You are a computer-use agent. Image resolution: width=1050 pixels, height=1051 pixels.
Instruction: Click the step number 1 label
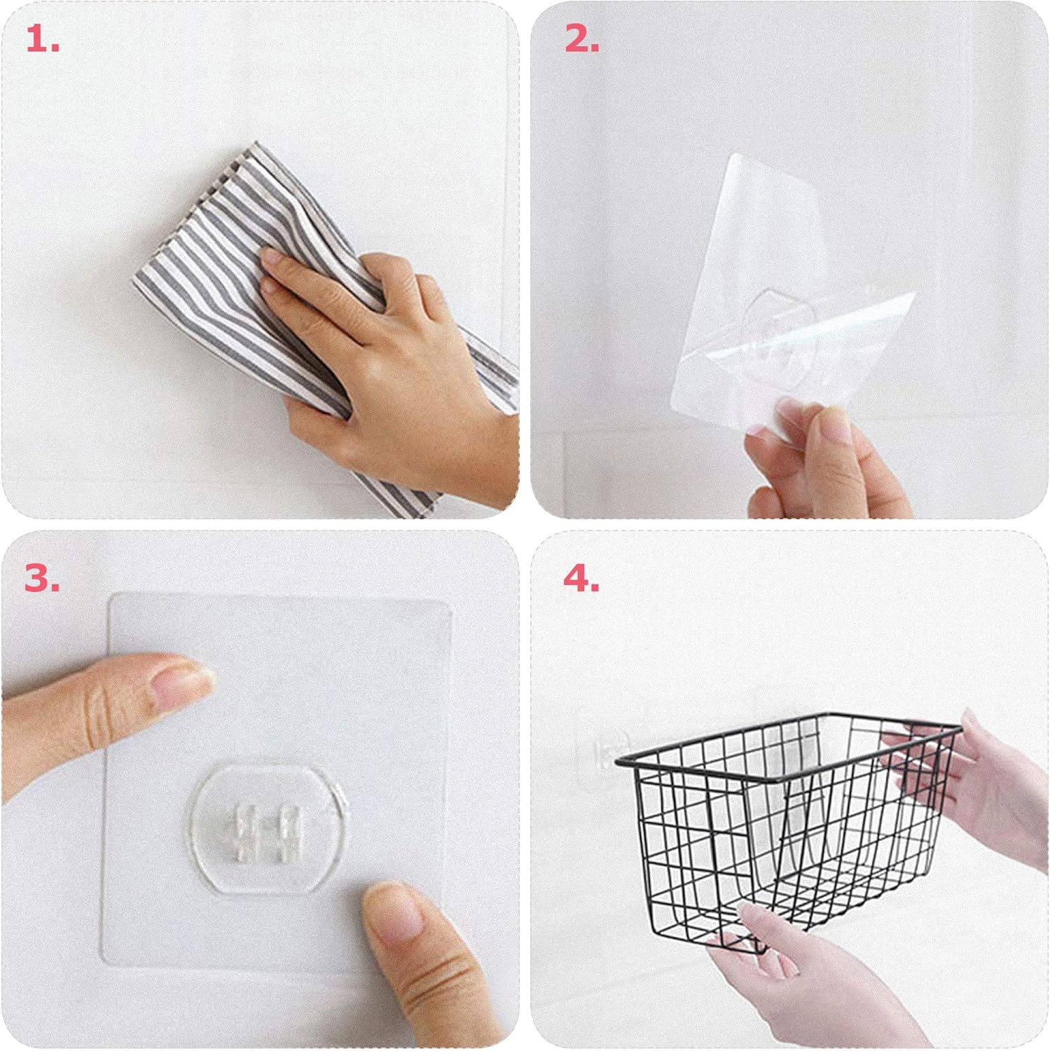pyautogui.click(x=43, y=41)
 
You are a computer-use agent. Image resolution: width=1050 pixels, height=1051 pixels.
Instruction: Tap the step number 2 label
pyautogui.click(x=582, y=41)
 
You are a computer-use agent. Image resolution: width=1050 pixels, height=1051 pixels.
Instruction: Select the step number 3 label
pyautogui.click(x=43, y=579)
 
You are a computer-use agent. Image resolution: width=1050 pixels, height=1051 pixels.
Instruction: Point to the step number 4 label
pyautogui.click(x=581, y=579)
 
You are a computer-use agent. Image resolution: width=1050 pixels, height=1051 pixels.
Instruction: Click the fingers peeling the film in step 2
pyautogui.click(x=820, y=455)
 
